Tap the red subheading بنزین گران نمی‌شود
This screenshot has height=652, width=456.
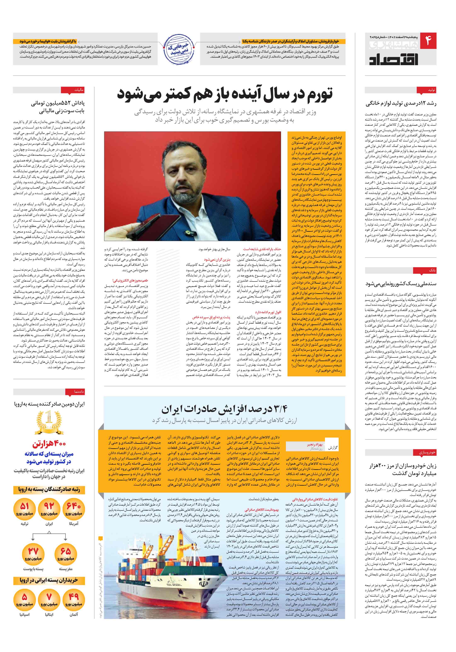pyautogui.click(x=217, y=260)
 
